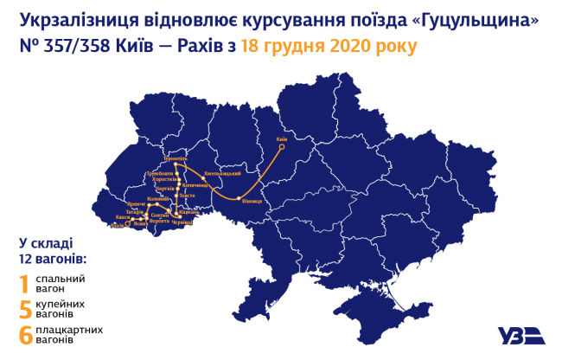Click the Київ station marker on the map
click(281, 146)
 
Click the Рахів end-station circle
click(128, 225)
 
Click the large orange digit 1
click(25, 284)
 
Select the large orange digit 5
click(25, 309)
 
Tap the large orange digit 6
click(25, 335)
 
